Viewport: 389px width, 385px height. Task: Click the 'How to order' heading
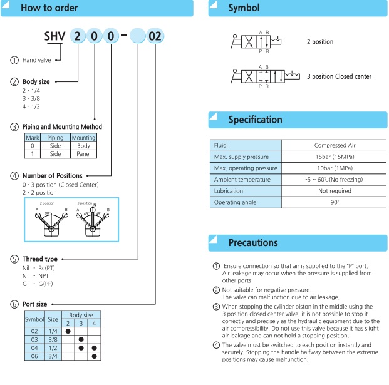point(49,8)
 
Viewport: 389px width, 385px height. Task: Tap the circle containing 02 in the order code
point(155,37)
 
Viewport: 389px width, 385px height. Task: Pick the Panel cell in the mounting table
point(83,153)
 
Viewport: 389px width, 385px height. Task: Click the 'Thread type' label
point(39,259)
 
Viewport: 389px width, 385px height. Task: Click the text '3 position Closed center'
point(339,76)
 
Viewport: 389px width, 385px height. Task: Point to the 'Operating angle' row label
point(235,202)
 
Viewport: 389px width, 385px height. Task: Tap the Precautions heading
point(254,242)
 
